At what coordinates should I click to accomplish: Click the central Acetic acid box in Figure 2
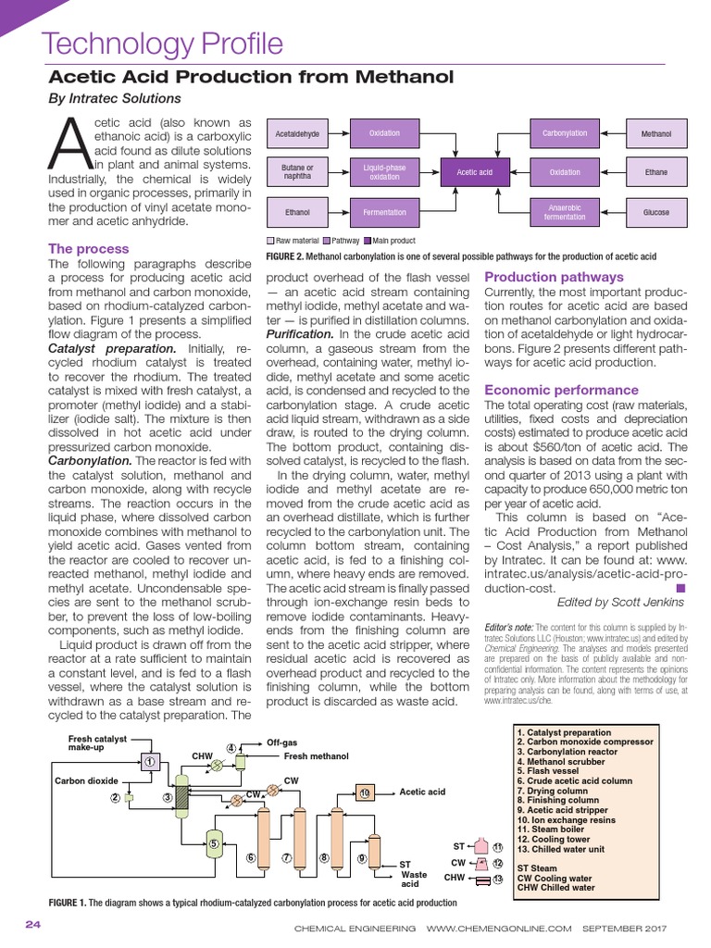tap(474, 172)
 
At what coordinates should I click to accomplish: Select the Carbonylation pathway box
tap(565, 133)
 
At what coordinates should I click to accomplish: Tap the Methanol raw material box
tap(656, 134)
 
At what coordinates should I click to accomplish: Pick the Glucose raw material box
tap(656, 212)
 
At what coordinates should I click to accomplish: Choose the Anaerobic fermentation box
tap(565, 212)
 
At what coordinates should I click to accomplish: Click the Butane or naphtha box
tap(297, 172)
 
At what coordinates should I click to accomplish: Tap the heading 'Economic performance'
tap(553, 390)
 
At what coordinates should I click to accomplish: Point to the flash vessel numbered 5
tap(214, 843)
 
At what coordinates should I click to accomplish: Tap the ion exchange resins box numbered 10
tap(364, 793)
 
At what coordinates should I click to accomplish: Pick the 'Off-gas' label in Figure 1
tap(282, 742)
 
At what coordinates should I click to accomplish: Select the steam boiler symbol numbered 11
tap(481, 846)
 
